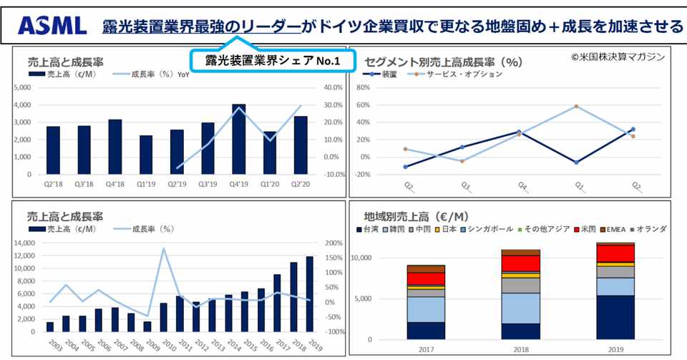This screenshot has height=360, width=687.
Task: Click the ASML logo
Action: pyautogui.click(x=52, y=27)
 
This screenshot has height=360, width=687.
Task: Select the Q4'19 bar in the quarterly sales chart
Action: pyautogui.click(x=239, y=140)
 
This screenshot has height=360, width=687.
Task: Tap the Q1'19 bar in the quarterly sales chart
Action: pyautogui.click(x=146, y=155)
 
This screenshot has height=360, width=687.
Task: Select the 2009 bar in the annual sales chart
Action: pyautogui.click(x=147, y=326)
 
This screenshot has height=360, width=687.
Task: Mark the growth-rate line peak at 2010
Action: pyautogui.click(x=164, y=249)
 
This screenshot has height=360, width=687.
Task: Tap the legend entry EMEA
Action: pyautogui.click(x=616, y=229)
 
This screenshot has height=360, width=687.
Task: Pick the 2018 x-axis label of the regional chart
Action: pyautogui.click(x=520, y=349)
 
